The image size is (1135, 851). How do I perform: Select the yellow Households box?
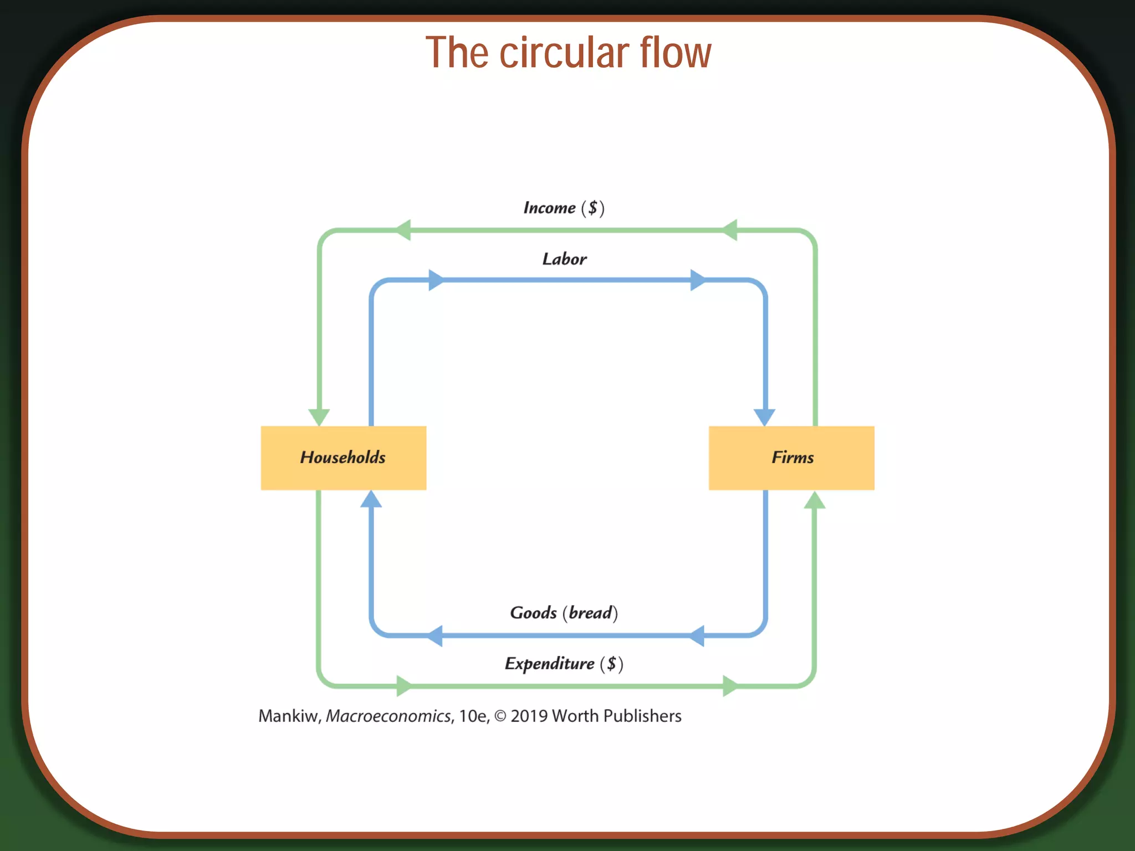343,458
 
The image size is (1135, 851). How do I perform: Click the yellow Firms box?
791,458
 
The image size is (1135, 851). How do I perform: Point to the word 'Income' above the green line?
549,208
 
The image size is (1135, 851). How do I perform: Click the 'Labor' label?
564,259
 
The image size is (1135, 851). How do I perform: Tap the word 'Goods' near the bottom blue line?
533,613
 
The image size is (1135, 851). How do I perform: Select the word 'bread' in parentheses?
591,613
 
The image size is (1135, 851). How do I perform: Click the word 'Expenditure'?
549,664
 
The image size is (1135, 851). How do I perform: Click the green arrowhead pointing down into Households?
319,417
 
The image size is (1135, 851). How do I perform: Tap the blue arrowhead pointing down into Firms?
765,417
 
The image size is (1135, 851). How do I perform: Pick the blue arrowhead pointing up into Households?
371,500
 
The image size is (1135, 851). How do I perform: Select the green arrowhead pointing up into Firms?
815,500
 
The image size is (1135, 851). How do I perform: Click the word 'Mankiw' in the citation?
289,716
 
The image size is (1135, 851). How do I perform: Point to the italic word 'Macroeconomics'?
388,716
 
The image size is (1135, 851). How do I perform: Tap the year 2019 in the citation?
529,716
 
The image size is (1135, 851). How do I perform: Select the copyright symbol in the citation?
500,716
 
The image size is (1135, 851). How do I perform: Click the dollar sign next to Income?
592,208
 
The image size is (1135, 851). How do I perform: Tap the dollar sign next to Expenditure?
611,664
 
